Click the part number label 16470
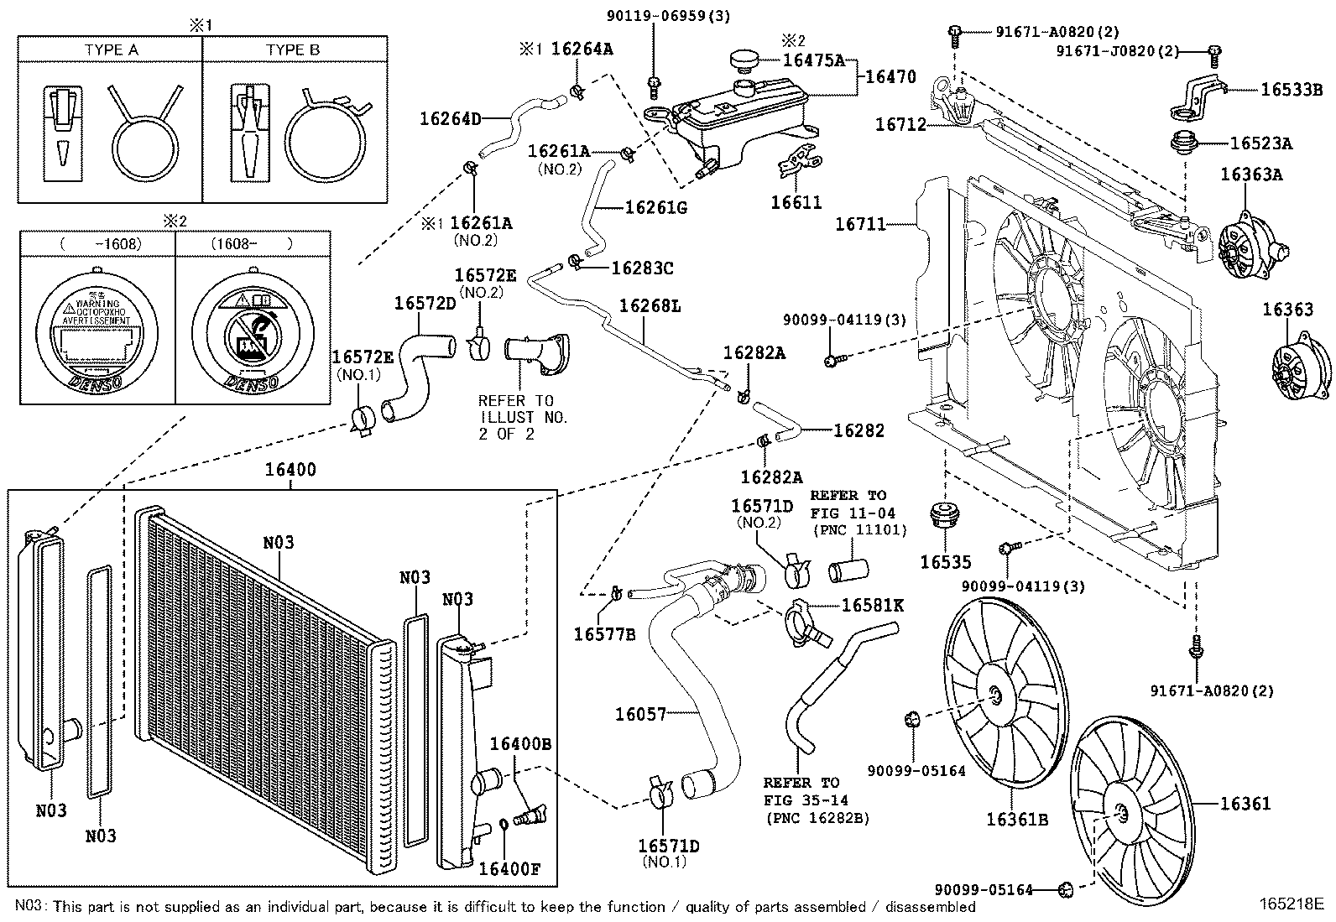[890, 77]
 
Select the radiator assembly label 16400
[290, 470]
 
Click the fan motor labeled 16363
[1297, 369]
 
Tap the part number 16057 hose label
[640, 714]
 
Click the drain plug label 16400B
[520, 744]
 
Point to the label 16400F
[509, 868]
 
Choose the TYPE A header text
[111, 49]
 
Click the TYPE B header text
[293, 49]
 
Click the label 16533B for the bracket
[1291, 88]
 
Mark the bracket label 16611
[796, 202]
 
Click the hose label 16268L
[650, 306]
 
